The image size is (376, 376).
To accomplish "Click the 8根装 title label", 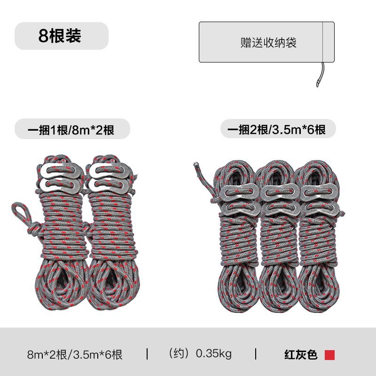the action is tap(60, 36).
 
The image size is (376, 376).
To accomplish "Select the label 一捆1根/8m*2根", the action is tap(71, 129).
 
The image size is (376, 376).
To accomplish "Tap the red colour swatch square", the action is tap(329, 354).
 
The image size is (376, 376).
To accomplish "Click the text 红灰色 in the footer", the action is tap(301, 354).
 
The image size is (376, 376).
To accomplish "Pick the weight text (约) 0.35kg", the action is tap(200, 353).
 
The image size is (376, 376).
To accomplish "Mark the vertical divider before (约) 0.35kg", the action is tap(147, 353).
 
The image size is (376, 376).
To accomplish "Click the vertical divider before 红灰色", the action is tap(256, 353).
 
